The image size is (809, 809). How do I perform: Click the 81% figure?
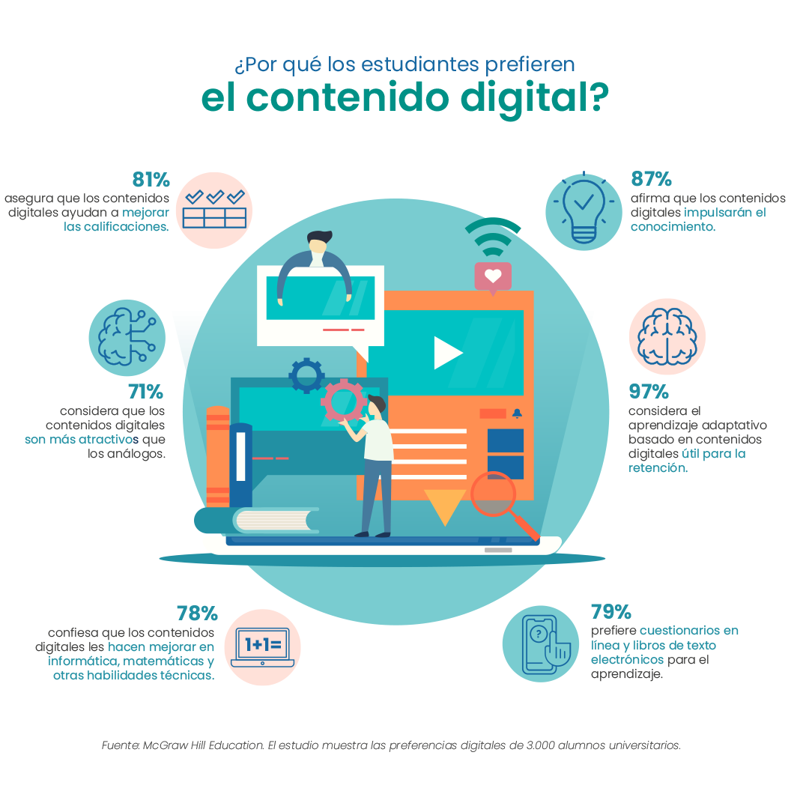pos(151,180)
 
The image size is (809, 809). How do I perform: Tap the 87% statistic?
pos(651,179)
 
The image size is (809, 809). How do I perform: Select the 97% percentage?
pos(649,392)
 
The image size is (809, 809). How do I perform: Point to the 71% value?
pos(145,392)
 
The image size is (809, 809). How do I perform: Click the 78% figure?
pos(197,613)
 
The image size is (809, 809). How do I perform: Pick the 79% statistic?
pos(611,611)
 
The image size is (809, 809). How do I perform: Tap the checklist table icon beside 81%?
pos(214,210)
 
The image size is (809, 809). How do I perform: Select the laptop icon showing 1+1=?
pos(263,647)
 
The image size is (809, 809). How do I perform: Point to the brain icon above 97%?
pos(667,336)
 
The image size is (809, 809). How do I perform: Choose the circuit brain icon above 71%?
pos(127,337)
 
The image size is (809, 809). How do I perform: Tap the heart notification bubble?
pos(493,278)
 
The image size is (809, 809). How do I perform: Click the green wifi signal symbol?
pos(493,237)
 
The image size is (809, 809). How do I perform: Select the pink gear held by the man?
pos(344,401)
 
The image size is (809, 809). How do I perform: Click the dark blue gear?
pos(306,375)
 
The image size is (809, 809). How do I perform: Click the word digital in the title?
pos(534,98)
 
